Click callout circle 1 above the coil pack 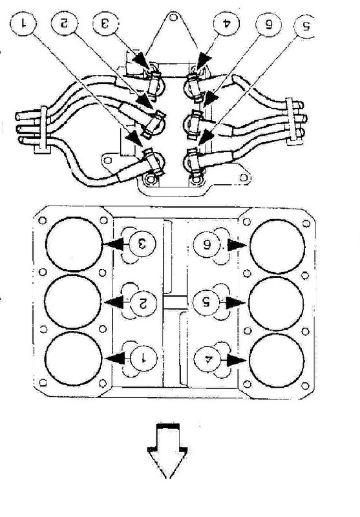(x=23, y=23)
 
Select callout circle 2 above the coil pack (x=64, y=23)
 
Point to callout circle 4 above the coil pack (x=226, y=24)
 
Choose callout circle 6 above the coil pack (x=268, y=25)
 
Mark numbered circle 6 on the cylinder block (x=206, y=244)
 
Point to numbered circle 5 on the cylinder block (x=206, y=302)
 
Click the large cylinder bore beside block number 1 (x=73, y=359)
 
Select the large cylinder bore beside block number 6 (x=277, y=246)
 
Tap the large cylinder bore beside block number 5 (x=276, y=303)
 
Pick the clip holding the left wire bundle (x=43, y=130)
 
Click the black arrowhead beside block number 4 (x=237, y=361)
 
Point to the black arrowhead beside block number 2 (x=114, y=302)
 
